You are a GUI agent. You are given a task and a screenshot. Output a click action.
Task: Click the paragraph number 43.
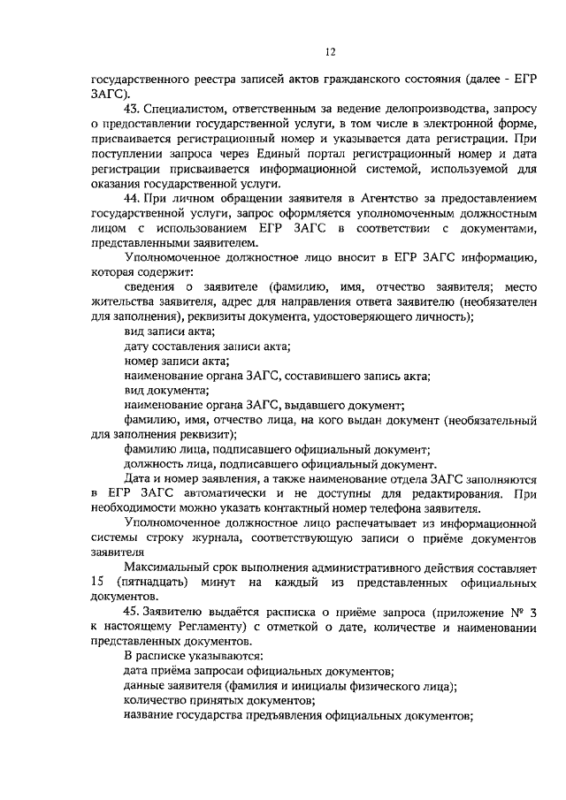(134, 109)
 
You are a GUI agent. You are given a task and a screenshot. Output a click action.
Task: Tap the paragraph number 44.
(134, 200)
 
